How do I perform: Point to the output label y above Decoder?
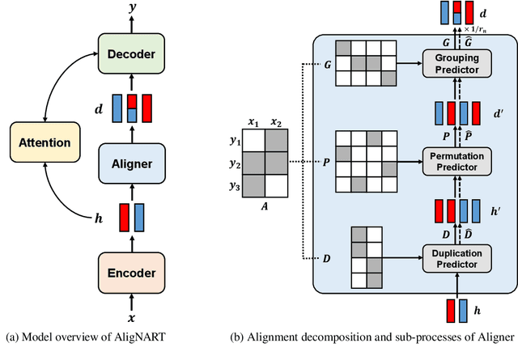[x=131, y=8]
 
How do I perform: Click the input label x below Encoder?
[x=131, y=320]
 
